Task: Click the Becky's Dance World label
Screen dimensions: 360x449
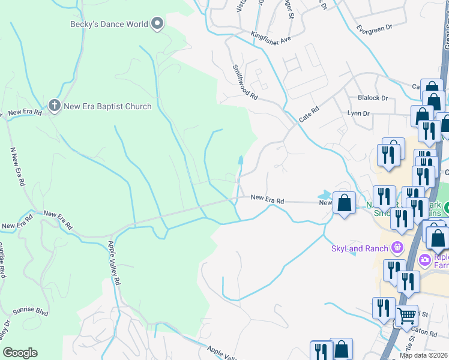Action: pos(109,25)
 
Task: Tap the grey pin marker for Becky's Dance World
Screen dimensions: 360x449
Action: pos(158,24)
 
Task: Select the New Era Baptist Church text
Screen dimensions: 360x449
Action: pos(108,107)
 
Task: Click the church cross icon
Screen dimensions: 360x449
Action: pos(55,107)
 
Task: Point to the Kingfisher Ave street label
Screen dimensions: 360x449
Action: pos(271,37)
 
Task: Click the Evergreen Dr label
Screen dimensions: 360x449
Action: pos(373,28)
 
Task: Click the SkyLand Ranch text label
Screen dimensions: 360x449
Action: pos(359,248)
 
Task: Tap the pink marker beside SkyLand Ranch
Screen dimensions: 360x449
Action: pos(396,247)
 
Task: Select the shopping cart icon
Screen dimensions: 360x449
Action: pos(407,314)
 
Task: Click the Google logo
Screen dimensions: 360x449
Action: pos(20,353)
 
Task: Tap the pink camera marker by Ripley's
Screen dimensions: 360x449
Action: pos(425,259)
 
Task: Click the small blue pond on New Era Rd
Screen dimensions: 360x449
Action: pos(325,195)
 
